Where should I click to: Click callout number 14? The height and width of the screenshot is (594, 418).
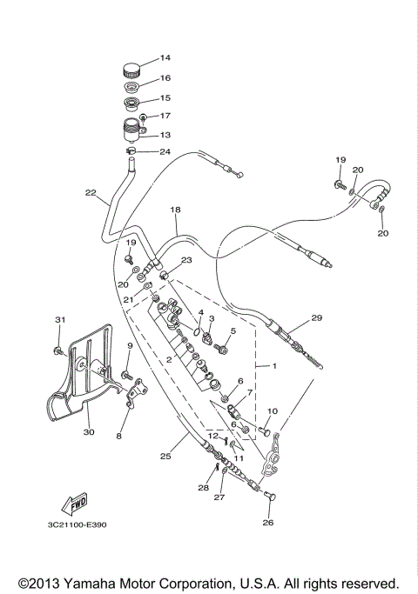point(165,58)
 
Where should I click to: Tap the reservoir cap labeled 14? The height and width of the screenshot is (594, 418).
point(131,70)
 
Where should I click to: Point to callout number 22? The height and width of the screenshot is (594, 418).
point(90,192)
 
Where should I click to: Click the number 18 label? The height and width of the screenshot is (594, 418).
point(175,210)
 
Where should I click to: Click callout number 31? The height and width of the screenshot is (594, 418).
point(60,320)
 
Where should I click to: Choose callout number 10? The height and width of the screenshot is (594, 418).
point(272,410)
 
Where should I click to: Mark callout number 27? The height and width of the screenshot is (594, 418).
point(220,499)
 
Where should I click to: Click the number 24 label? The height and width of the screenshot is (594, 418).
point(165,151)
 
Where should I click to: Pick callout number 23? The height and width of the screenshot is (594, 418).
point(186,260)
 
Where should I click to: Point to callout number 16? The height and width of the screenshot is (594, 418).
point(165,78)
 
